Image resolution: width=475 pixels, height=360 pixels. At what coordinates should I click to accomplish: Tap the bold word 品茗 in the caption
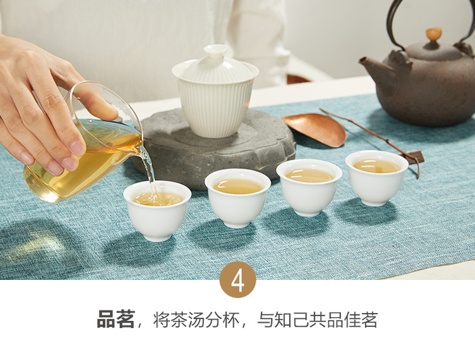click(x=116, y=320)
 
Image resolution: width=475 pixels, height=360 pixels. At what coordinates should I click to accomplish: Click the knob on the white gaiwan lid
click(x=215, y=51)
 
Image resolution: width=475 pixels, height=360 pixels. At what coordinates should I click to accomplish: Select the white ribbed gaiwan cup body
click(x=215, y=106)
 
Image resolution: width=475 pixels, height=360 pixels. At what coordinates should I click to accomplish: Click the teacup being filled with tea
click(x=157, y=210)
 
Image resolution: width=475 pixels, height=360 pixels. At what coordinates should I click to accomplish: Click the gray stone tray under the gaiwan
click(x=218, y=148)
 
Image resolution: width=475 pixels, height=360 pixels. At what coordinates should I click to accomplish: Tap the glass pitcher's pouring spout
click(x=142, y=150)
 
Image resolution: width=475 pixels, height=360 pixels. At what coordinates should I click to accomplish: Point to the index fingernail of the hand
click(x=77, y=148)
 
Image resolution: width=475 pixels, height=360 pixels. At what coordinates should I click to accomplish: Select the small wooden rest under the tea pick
click(x=413, y=157)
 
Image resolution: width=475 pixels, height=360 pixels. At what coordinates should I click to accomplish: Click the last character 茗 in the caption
click(x=368, y=320)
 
